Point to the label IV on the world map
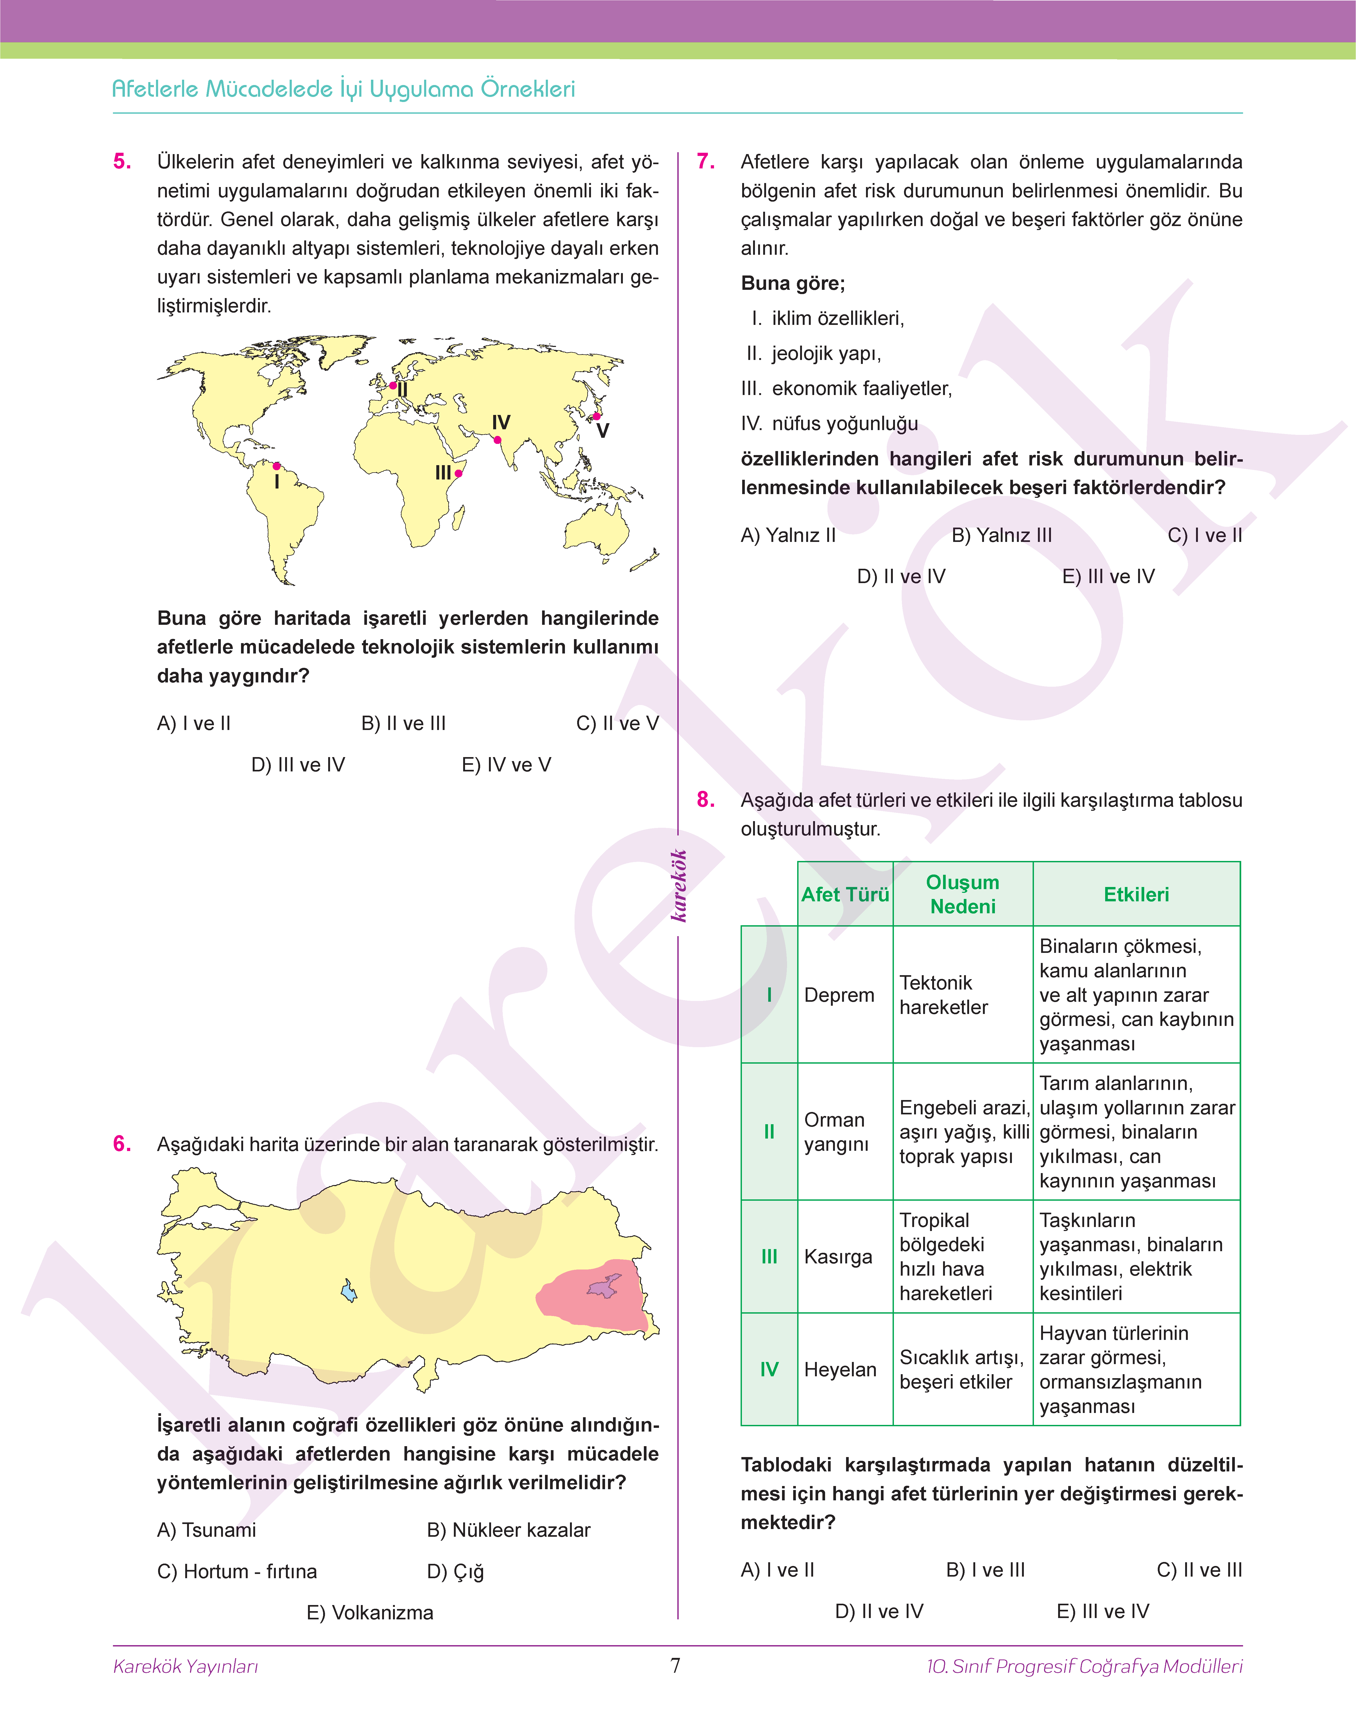point(501,422)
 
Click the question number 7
point(705,162)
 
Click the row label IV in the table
point(768,1369)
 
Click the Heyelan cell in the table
point(840,1369)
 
